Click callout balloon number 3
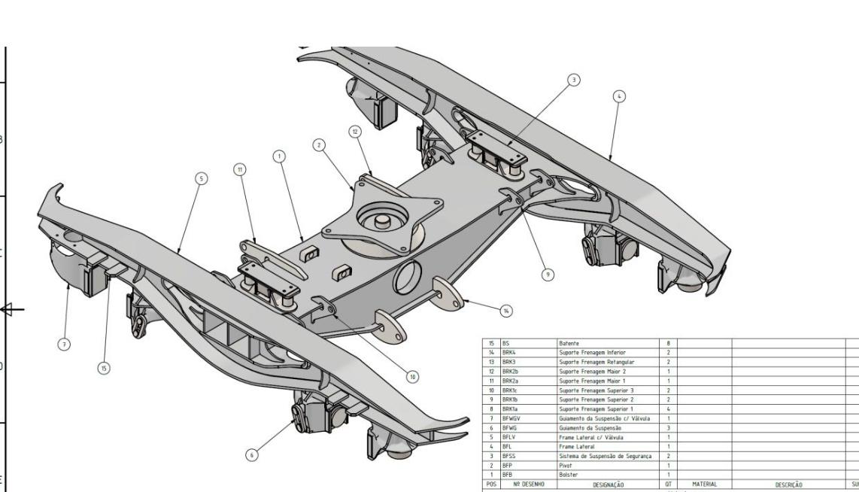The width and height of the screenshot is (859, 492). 574,80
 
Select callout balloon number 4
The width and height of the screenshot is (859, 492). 619,96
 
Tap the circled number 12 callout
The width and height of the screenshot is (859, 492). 354,131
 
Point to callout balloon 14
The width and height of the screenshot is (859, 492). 506,309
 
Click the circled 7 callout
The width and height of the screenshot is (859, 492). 63,344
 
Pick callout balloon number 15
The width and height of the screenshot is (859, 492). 105,367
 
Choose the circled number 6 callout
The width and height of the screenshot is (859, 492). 253,454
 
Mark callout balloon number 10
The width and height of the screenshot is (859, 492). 413,375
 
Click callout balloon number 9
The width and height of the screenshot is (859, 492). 548,275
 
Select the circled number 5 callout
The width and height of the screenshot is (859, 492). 201,178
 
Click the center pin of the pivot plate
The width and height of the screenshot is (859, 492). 381,220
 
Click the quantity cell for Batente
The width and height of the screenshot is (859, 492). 668,342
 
